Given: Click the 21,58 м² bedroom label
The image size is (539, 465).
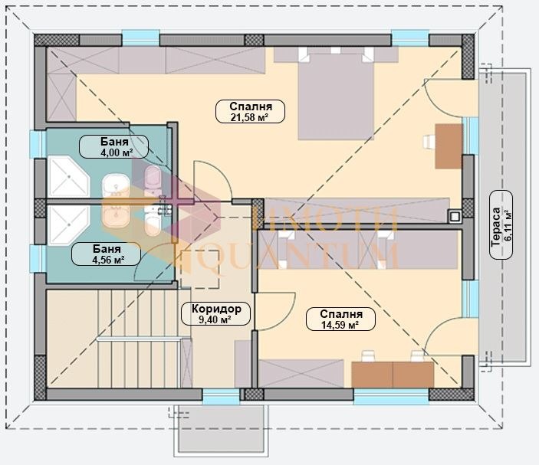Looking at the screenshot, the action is click(250, 111).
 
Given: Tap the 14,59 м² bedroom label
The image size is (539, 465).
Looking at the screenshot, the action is click(340, 319).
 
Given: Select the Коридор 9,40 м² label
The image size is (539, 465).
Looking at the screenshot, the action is click(216, 313).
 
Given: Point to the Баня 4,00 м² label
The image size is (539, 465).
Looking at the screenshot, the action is click(113, 146).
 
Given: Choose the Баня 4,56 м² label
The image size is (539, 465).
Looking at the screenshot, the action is click(107, 254).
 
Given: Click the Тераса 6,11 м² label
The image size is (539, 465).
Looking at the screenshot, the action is click(501, 224).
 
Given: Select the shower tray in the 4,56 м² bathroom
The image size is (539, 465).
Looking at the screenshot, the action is click(69, 225).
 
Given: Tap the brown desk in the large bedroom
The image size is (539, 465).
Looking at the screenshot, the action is click(449, 146).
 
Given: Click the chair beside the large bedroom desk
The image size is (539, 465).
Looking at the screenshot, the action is click(429, 142).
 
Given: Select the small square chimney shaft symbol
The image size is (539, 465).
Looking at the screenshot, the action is click(455, 216).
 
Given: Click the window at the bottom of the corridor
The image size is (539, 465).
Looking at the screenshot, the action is click(221, 397).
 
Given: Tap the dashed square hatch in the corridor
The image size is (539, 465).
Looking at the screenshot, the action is click(199, 269).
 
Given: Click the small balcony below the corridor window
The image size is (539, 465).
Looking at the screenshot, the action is click(221, 431).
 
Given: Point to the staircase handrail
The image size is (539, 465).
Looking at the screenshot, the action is click(139, 339).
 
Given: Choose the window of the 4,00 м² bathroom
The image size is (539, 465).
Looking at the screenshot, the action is click(38, 144).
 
